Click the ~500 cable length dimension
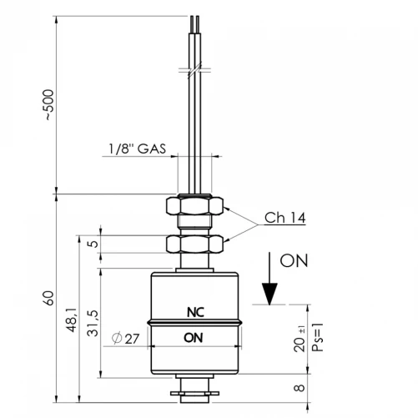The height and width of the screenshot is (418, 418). [x=49, y=105]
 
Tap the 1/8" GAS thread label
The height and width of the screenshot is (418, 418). [x=137, y=149]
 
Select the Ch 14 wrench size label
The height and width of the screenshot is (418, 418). [x=285, y=218]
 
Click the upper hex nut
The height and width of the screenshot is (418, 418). [x=194, y=205]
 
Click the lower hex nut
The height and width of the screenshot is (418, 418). [x=194, y=244]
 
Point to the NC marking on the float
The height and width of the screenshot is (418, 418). [x=195, y=312]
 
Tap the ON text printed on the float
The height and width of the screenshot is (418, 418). [x=194, y=338]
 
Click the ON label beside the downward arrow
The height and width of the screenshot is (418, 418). [x=294, y=260]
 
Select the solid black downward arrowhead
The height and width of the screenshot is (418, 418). [x=269, y=294]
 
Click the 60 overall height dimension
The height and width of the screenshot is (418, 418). [x=48, y=299]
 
